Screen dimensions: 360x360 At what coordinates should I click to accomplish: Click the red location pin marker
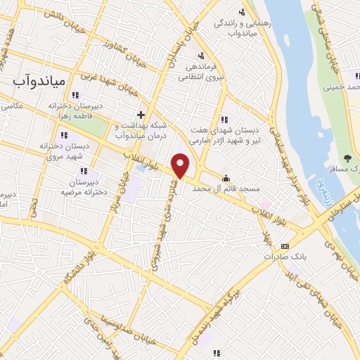(x=181, y=166)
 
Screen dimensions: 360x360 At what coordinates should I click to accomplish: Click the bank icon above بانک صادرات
(x=284, y=246)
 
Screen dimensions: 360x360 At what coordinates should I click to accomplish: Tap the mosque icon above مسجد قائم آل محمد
(x=226, y=178)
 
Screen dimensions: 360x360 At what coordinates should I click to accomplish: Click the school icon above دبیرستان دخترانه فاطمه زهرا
(x=75, y=96)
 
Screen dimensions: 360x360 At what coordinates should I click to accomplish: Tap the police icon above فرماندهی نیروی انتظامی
(x=202, y=56)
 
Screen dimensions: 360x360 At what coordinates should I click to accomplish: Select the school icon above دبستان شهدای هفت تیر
(x=224, y=119)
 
